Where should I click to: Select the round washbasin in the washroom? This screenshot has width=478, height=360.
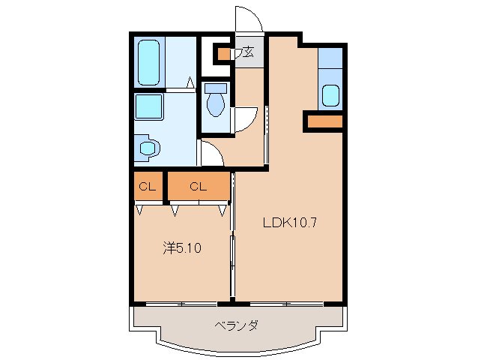coord(147,148)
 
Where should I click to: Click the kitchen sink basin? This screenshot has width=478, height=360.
coord(330,96)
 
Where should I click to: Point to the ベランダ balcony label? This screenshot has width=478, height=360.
coord(237,325)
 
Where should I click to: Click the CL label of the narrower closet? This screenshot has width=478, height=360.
coord(146,187)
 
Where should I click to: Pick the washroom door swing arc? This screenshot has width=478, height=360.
coord(211,154)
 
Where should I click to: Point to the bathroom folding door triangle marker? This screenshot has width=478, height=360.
coord(191,82)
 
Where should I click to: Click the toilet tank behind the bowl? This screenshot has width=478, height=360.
coord(216,88)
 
